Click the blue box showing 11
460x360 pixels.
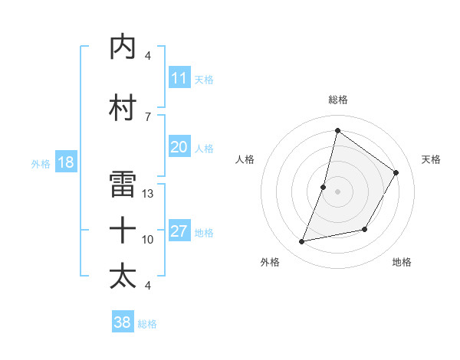(179, 78)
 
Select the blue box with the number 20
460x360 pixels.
(179, 147)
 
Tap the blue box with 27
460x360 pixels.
(179, 231)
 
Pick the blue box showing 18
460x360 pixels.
(65, 162)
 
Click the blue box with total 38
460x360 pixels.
(123, 322)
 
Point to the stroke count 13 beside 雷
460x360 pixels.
(148, 193)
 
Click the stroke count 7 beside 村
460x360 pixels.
(148, 116)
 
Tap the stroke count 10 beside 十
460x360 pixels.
(148, 239)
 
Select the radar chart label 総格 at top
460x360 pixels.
(337, 100)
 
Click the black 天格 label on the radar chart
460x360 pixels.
(432, 159)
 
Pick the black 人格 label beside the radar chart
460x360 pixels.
(245, 159)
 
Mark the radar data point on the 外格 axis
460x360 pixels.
(302, 242)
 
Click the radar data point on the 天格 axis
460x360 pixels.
(396, 172)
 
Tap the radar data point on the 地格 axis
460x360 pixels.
(365, 230)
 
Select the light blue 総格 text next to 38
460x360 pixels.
(148, 324)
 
